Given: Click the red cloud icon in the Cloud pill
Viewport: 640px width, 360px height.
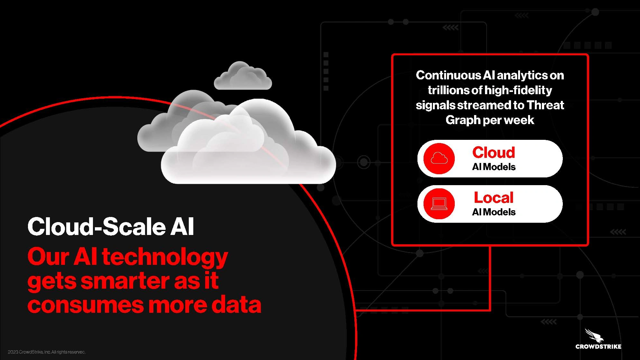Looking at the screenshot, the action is [x=439, y=158].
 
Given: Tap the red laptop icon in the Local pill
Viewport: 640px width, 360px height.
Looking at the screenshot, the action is [x=439, y=204].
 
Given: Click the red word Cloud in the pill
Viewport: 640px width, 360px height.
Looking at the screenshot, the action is [x=494, y=152].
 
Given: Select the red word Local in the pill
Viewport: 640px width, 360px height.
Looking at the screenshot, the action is [x=494, y=198].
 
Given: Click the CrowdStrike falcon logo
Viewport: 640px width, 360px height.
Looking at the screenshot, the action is [x=598, y=338].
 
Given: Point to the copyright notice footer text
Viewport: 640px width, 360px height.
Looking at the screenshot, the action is [x=47, y=352].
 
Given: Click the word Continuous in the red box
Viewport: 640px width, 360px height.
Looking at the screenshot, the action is [x=448, y=75].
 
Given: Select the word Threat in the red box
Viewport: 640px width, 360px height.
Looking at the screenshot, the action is [x=545, y=105].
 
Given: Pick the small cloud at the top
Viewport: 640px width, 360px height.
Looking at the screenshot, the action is [x=243, y=76].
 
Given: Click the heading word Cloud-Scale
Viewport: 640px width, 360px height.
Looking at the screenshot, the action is [x=96, y=227].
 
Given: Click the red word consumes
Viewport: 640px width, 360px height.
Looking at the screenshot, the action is [x=86, y=305].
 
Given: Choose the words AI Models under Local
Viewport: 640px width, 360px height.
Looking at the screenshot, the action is [x=494, y=212].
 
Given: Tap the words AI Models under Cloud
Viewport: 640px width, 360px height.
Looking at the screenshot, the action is [x=494, y=167].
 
